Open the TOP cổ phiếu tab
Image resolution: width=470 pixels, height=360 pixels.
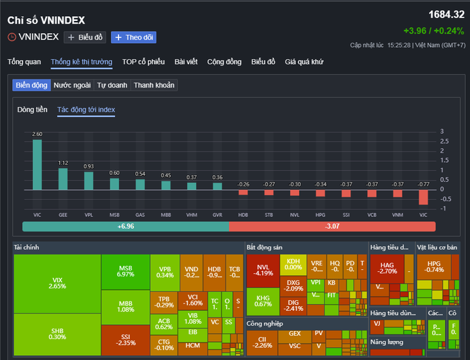point(143,62)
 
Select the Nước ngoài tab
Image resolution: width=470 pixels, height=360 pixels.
point(72,85)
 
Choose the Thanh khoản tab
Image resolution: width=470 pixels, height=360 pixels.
point(154,85)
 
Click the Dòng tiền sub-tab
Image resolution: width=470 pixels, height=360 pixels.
point(32,109)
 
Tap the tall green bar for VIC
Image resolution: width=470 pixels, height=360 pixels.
point(37,164)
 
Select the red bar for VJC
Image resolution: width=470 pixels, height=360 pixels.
point(424,196)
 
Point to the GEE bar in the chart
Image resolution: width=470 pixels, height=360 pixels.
point(63,178)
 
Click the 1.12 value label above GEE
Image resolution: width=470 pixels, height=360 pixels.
point(63,163)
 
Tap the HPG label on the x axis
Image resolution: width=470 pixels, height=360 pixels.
point(321,215)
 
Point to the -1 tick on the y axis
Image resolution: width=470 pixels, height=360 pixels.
point(442,209)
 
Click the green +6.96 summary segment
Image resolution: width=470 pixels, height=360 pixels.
point(125,227)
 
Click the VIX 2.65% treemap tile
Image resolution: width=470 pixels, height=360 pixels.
point(57,283)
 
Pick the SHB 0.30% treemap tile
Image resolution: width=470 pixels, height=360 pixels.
point(57,333)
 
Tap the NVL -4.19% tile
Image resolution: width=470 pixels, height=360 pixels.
point(263,270)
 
